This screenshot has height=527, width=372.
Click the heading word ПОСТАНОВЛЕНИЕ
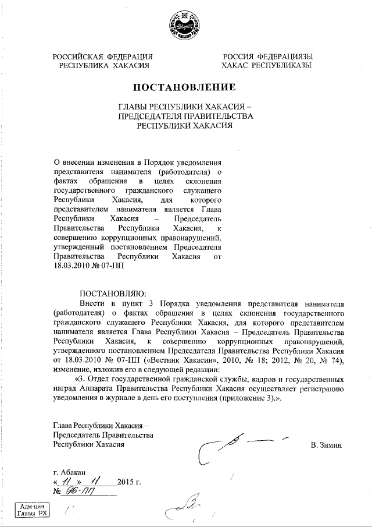tap(185, 88)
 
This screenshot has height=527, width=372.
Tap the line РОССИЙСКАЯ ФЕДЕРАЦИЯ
tap(103, 56)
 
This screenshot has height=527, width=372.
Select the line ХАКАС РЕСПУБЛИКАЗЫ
tap(267, 66)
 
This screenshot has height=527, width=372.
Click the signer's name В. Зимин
tap(327, 445)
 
